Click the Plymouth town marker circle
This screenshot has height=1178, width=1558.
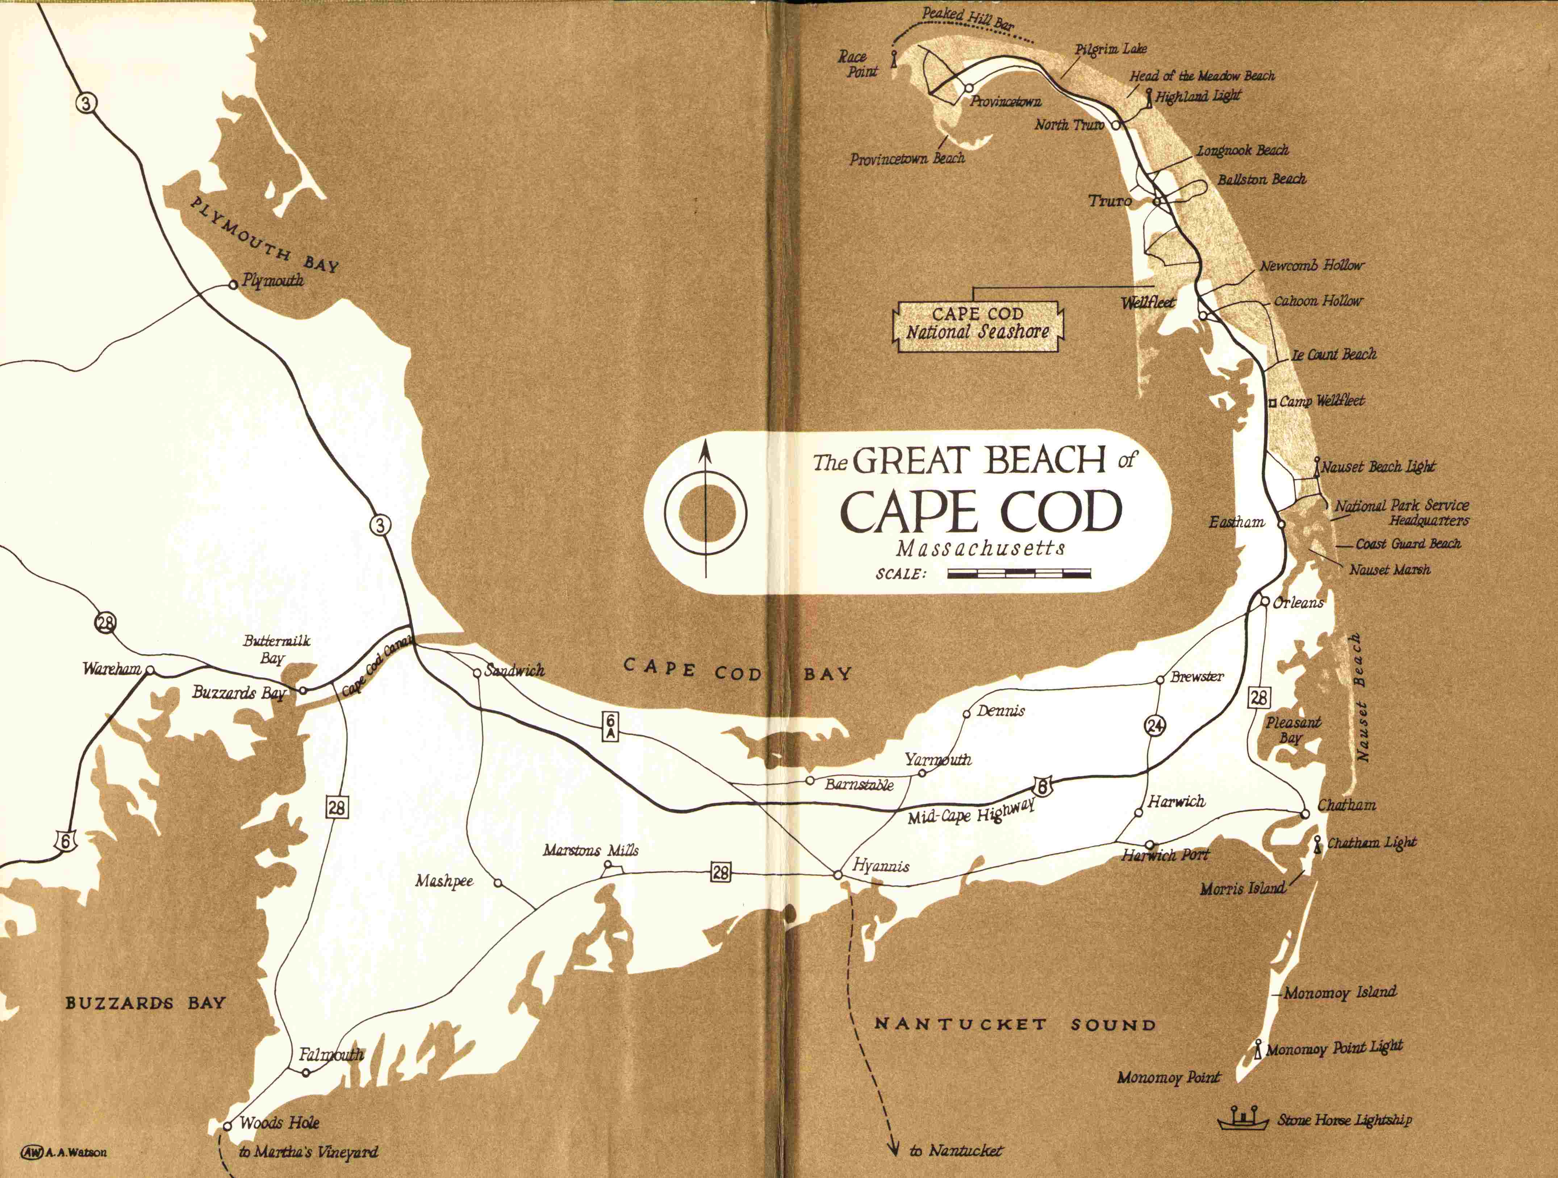coord(233,285)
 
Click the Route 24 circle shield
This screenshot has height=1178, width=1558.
coord(1155,725)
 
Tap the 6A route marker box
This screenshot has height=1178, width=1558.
coord(610,726)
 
